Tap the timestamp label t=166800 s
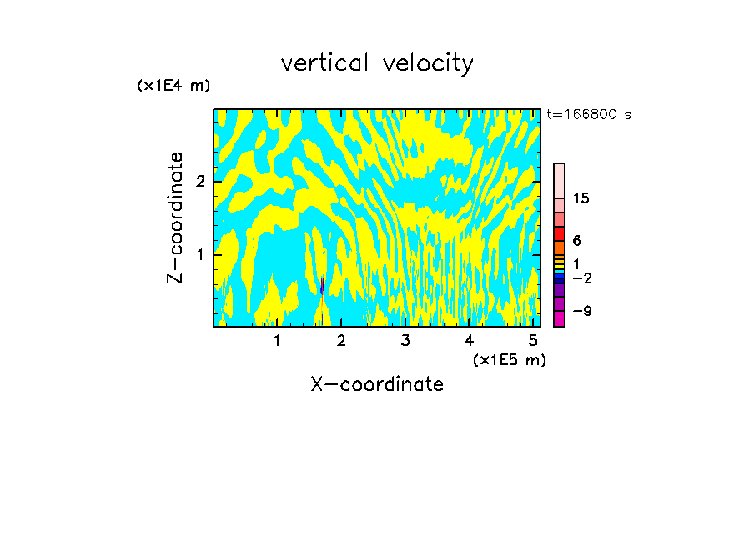588,115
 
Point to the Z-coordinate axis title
175,218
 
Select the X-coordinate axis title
377,384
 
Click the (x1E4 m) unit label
173,85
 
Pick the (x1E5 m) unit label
509,359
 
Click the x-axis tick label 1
277,340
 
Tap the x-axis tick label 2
341,340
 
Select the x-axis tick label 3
405,340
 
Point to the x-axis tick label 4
469,340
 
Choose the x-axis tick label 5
532,340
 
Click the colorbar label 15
581,198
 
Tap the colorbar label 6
576,240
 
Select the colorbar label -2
581,277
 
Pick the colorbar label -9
581,311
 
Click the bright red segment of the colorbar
559,233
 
